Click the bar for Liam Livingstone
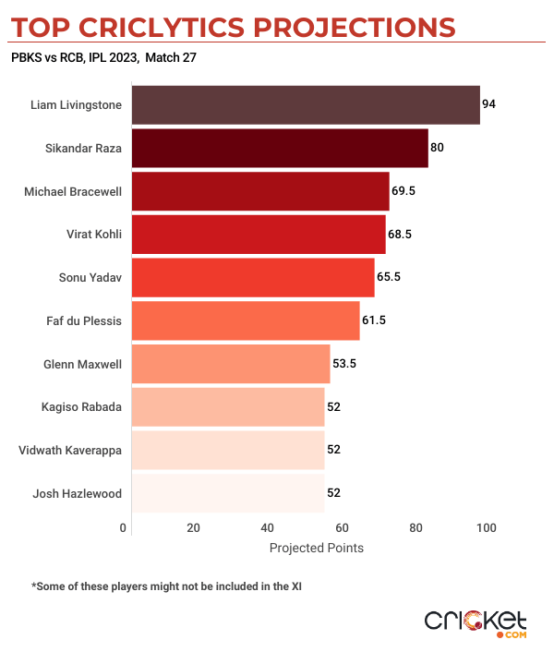point(306,105)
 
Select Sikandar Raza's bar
point(280,148)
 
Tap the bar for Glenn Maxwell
point(231,364)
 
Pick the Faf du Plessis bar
point(246,320)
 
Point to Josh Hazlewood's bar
point(228,493)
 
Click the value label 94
point(489,104)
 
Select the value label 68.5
point(400,235)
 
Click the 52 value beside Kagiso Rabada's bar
point(334,406)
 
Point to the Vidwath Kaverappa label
point(70,450)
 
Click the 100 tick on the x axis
point(487,527)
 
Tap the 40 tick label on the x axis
point(268,527)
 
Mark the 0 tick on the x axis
point(124,527)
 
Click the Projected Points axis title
point(316,548)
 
